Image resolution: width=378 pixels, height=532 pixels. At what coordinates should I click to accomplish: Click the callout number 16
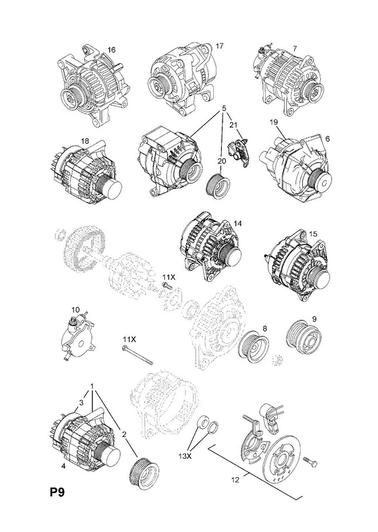[111, 50]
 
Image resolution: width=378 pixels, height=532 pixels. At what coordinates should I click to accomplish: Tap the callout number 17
[220, 46]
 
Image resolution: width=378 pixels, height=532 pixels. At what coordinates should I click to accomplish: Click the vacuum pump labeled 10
[77, 338]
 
